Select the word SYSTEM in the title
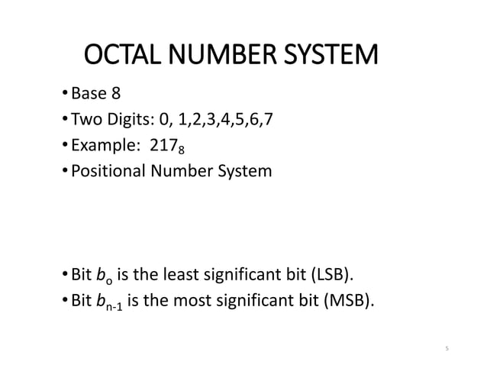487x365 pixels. pos(331,57)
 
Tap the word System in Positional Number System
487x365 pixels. pos(245,170)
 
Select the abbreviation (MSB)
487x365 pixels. pos(351,299)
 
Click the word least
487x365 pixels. pos(196,274)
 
